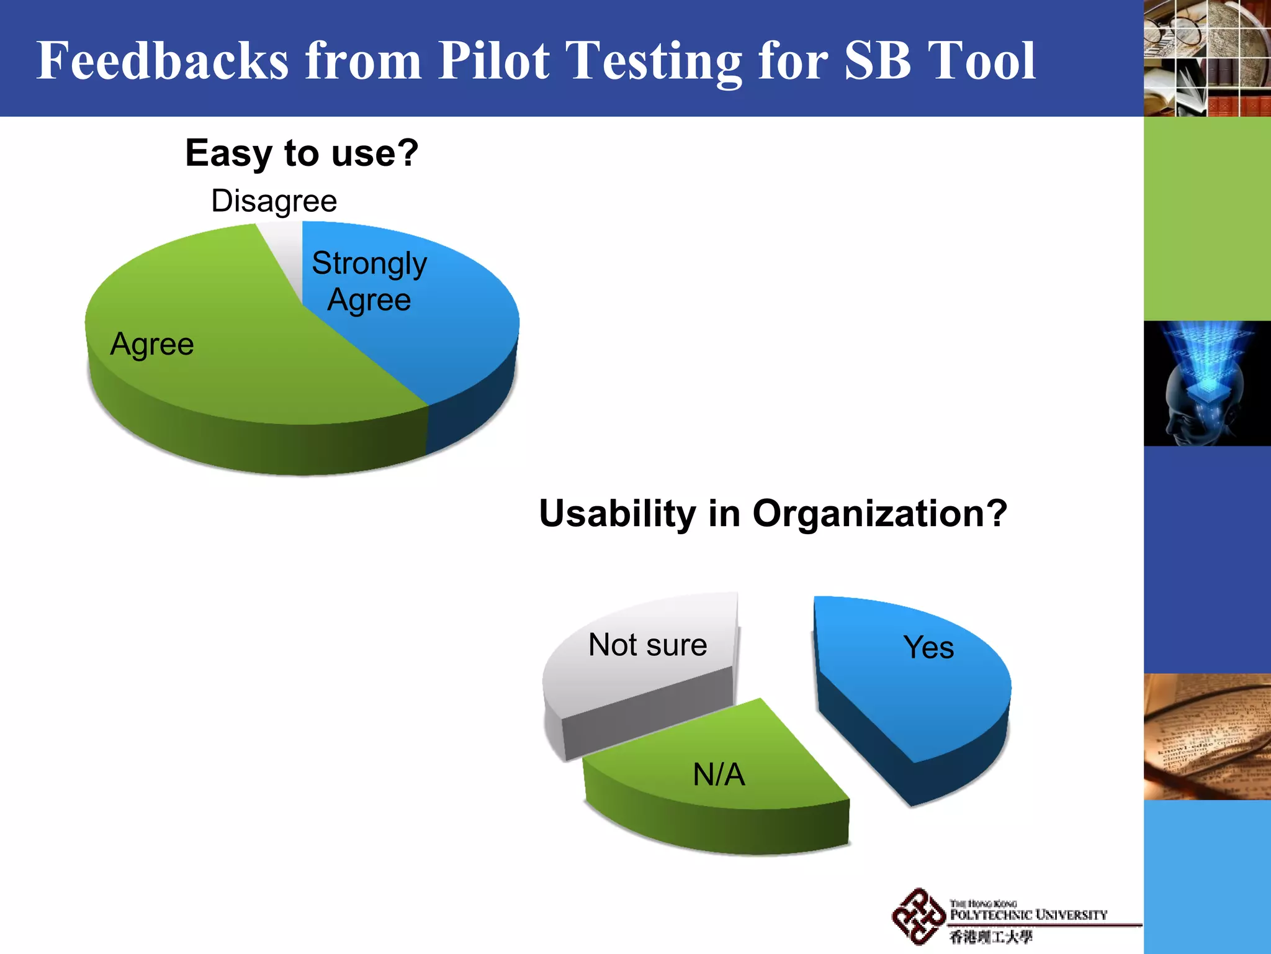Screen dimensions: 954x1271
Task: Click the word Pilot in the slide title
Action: [x=493, y=60]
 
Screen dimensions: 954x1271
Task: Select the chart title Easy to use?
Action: [x=302, y=153]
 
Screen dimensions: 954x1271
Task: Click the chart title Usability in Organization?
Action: [x=773, y=514]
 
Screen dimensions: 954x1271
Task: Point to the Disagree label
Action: [x=274, y=201]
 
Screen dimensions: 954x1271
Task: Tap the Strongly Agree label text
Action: [x=369, y=281]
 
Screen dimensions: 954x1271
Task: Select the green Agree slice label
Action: [x=152, y=344]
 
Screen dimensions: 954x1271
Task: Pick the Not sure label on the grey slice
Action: [x=647, y=645]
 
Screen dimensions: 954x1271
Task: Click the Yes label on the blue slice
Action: [x=928, y=647]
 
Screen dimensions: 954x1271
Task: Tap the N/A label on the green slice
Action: [x=719, y=775]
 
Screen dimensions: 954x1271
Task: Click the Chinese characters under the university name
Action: [x=991, y=937]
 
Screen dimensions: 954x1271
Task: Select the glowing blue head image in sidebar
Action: [x=1207, y=383]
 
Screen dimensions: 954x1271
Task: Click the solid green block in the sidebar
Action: [x=1207, y=219]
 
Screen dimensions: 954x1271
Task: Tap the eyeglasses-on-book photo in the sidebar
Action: [x=1207, y=737]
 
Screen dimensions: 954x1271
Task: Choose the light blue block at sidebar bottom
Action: [x=1207, y=876]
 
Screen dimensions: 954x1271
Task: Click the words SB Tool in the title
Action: [x=940, y=60]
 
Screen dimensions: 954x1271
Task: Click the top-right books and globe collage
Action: [x=1207, y=58]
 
